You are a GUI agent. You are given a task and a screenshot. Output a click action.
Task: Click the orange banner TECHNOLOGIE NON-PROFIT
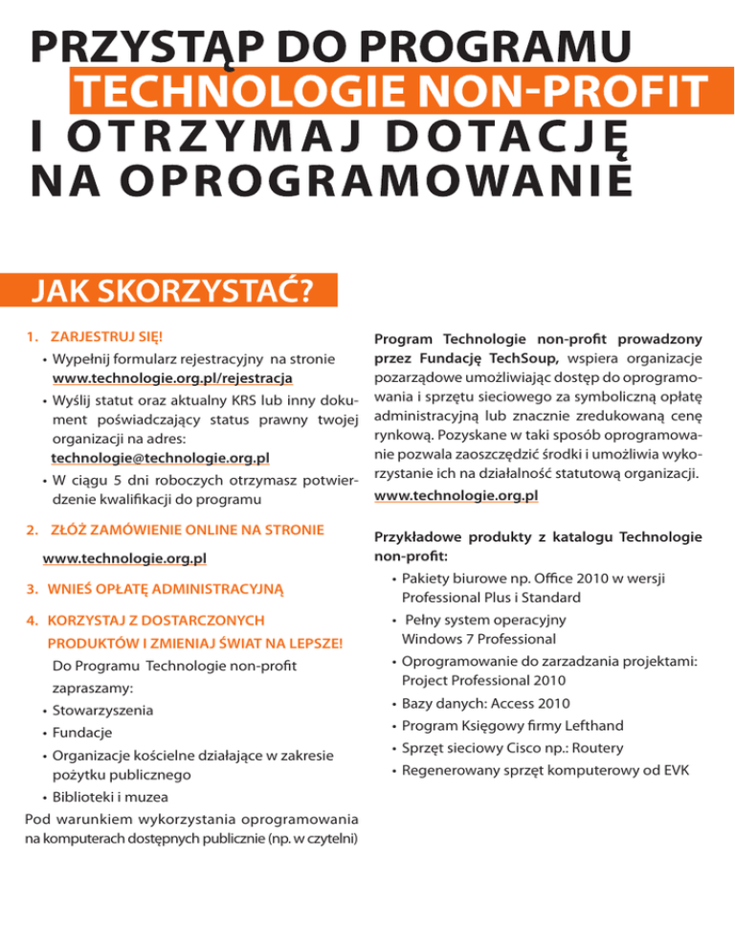(x=387, y=92)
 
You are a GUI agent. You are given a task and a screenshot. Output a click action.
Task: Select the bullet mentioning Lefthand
(x=511, y=726)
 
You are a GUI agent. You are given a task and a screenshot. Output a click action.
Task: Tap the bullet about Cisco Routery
(x=506, y=748)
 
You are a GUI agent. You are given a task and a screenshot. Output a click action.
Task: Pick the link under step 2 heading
(x=126, y=556)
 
